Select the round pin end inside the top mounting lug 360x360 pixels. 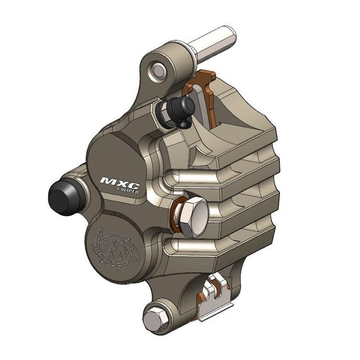[x=158, y=70]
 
